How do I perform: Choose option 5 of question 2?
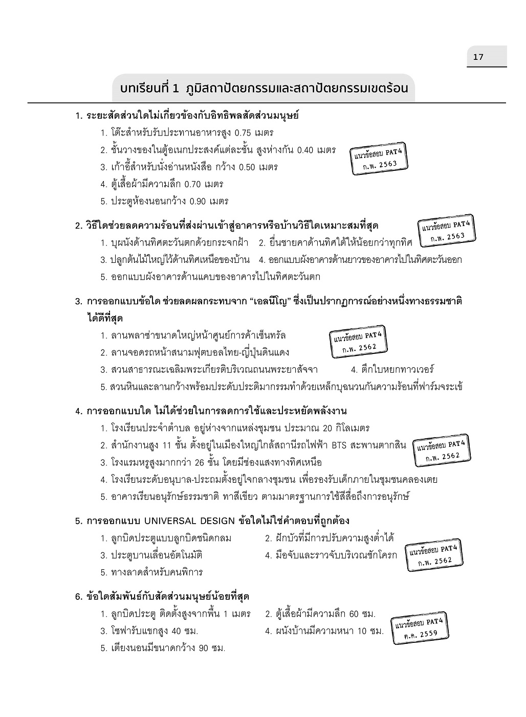(210, 277)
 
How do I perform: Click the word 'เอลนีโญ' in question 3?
(271, 301)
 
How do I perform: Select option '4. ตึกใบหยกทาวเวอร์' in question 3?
(392, 370)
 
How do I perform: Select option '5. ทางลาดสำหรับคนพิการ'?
(151, 572)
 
